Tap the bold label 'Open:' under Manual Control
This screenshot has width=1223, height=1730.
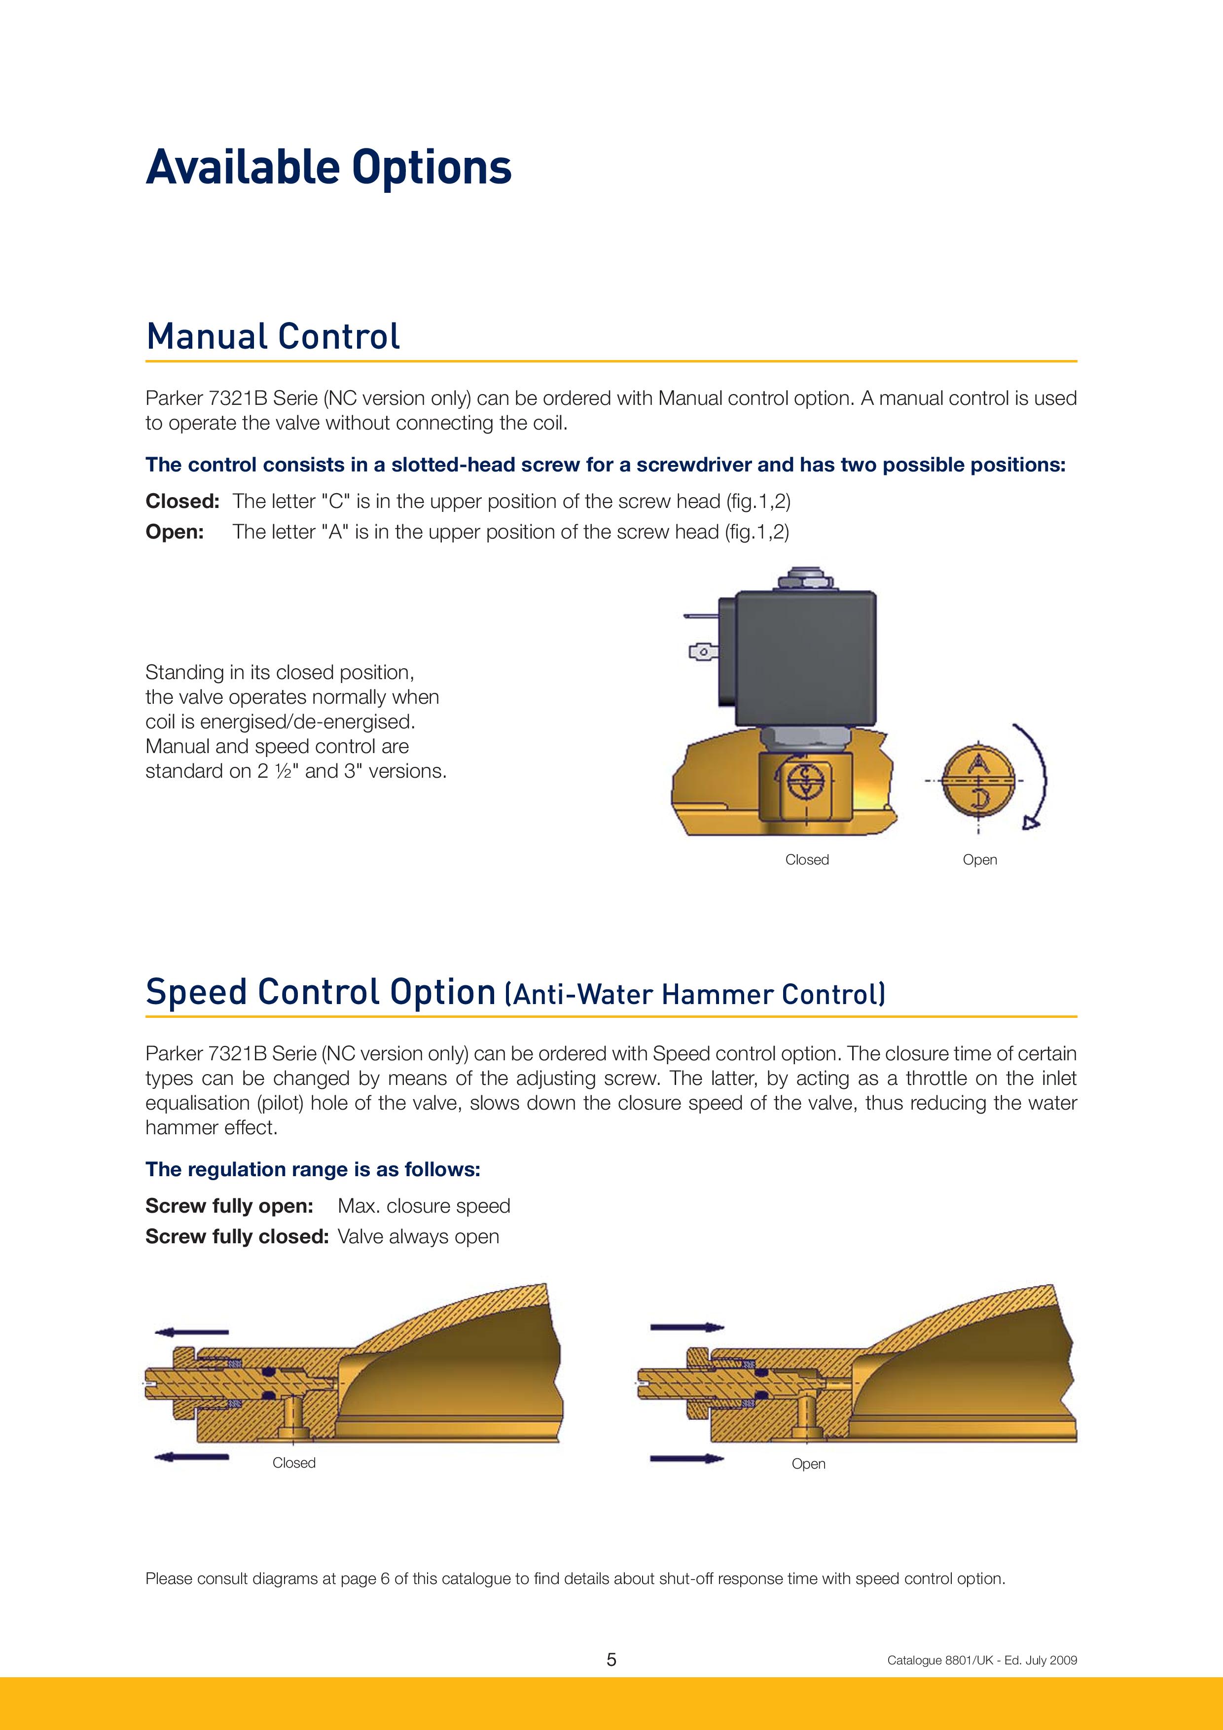point(175,532)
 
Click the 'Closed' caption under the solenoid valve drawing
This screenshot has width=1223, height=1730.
point(806,860)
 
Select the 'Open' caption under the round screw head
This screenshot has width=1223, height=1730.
point(979,860)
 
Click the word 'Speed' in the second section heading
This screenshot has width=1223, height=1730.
point(196,992)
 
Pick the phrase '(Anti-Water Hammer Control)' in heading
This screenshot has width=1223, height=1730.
point(694,995)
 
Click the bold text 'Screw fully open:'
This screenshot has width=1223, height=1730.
point(229,1206)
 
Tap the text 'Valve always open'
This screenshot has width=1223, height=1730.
point(418,1236)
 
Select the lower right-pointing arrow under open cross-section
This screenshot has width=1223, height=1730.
point(686,1459)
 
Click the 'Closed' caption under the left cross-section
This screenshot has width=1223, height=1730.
point(294,1463)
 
